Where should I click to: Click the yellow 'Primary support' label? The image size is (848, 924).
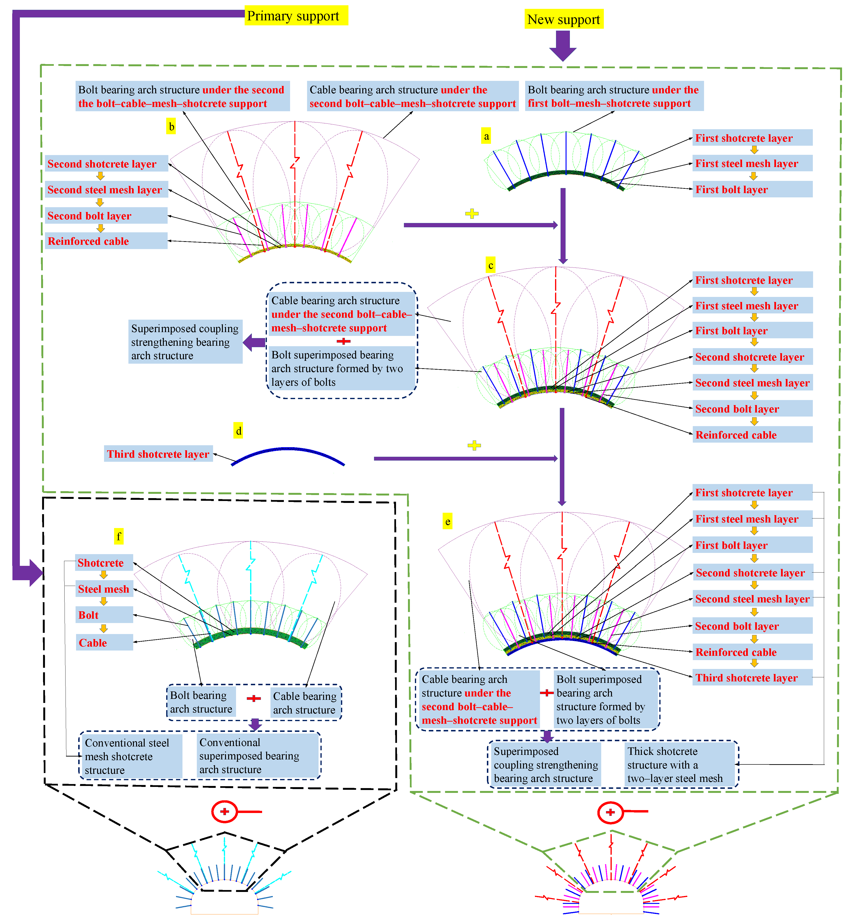coord(296,16)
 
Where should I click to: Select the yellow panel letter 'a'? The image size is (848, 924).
coord(486,136)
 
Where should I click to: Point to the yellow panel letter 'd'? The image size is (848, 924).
coord(238,431)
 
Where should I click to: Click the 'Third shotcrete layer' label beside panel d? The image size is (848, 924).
coord(158,454)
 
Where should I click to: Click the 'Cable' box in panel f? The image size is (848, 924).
coord(104,643)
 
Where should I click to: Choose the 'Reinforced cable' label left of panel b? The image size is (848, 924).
coord(106,241)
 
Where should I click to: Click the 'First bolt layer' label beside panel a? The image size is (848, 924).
coord(752,189)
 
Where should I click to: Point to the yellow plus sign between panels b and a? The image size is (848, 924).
coord(472,213)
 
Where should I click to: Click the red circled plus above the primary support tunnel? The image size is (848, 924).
coord(224,812)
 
